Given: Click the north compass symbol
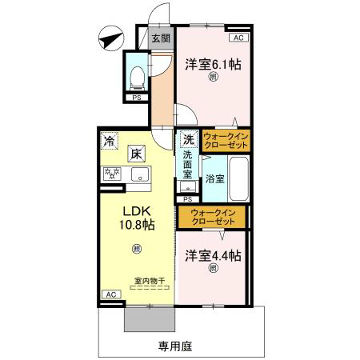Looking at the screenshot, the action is (111, 38).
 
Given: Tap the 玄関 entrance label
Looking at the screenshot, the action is (161, 38).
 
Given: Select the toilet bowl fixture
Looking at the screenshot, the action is (137, 78).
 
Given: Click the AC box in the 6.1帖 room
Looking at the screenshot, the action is (238, 38).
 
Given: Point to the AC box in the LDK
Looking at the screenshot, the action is (111, 294).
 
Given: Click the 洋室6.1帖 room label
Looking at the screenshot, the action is (213, 64).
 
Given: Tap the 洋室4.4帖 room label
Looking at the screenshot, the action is (213, 255).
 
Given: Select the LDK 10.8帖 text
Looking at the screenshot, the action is (137, 218).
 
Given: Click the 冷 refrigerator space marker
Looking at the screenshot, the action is (110, 141).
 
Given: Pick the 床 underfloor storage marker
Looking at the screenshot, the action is (136, 154).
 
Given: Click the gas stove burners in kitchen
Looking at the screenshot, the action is (112, 174).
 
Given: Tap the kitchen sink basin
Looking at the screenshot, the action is (140, 174).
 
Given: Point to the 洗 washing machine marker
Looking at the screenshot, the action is (189, 139).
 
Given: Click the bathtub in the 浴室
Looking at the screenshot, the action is (239, 178).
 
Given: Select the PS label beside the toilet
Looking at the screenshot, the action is (137, 98).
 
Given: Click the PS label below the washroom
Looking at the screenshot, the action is (188, 199).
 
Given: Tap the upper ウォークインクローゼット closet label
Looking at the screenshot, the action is (226, 141).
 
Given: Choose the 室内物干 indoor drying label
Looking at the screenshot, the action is (150, 281).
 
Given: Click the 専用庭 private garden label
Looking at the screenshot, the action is (175, 346).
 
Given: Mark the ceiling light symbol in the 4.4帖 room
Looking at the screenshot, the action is (213, 267).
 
